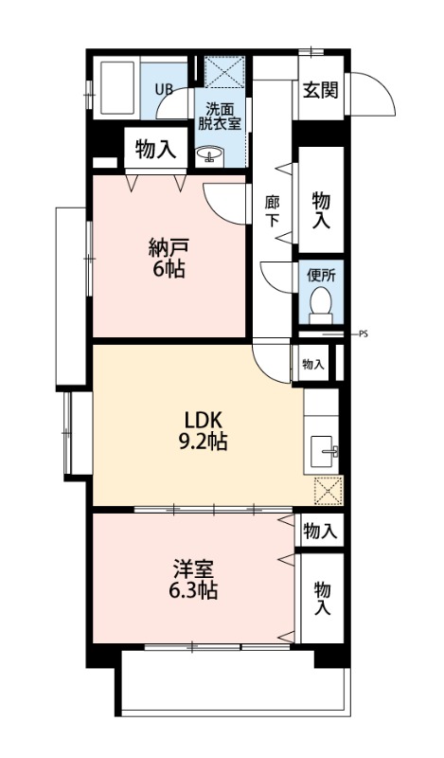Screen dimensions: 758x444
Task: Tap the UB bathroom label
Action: [164, 90]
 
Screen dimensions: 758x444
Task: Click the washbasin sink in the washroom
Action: [209, 154]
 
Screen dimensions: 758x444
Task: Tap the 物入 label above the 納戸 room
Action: [155, 149]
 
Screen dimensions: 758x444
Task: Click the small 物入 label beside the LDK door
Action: [312, 364]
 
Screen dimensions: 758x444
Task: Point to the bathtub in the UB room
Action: [116, 90]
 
